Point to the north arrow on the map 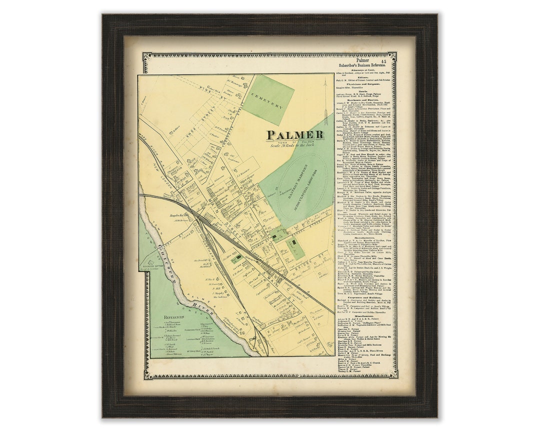coord(325,95)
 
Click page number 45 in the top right coord(383,61)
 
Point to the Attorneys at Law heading coord(362,70)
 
